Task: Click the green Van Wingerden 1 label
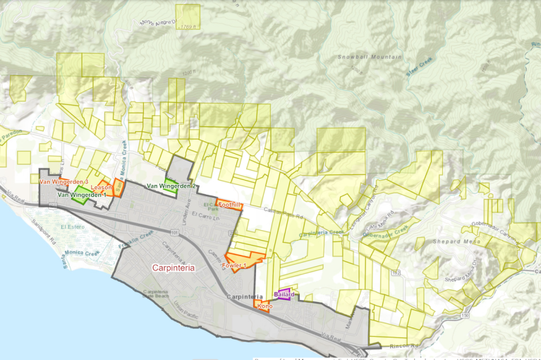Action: coord(82,194)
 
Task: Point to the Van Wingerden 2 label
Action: coord(171,186)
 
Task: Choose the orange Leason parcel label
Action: coord(101,187)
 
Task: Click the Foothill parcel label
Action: coord(231,205)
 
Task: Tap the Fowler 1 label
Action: coord(235,265)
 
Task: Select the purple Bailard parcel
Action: coord(284,294)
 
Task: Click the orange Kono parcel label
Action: coord(265,306)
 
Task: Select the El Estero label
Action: coord(72,227)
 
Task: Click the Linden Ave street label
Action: coord(186,210)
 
